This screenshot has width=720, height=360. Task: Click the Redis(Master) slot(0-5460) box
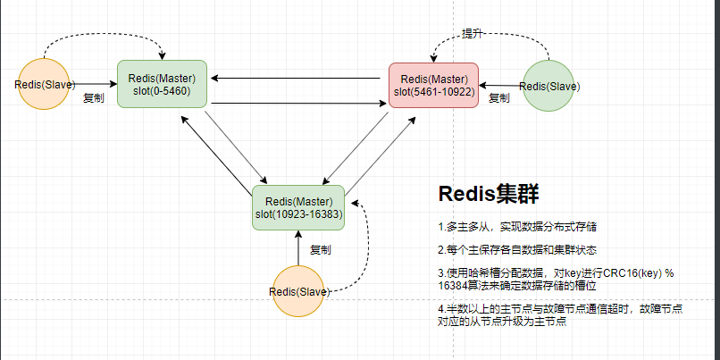[x=163, y=84]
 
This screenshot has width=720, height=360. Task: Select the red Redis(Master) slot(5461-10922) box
[x=433, y=85]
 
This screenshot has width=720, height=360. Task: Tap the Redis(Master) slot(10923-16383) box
[x=299, y=207]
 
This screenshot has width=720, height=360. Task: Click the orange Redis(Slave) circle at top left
[x=44, y=85]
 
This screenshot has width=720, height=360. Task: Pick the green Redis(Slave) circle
[x=548, y=87]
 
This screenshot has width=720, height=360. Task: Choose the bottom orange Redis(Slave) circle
[x=298, y=291]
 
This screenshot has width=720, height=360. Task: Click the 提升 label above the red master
[x=473, y=33]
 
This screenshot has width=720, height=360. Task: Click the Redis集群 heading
[x=487, y=194]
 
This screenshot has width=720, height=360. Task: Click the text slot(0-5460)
[x=163, y=90]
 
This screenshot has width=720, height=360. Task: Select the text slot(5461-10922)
[x=433, y=91]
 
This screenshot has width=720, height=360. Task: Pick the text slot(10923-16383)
[x=299, y=213]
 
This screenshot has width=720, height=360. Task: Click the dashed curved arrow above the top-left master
[x=103, y=39]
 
